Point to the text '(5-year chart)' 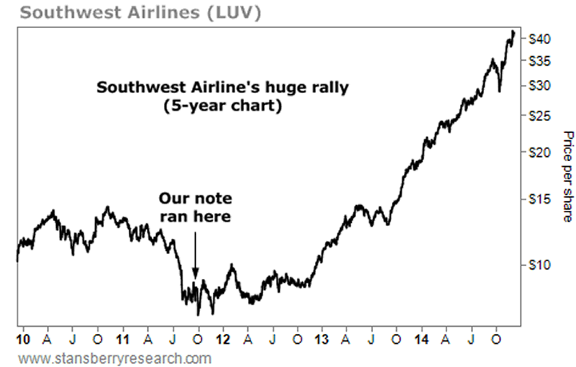coord(222,105)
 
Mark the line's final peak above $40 coord(513,33)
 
